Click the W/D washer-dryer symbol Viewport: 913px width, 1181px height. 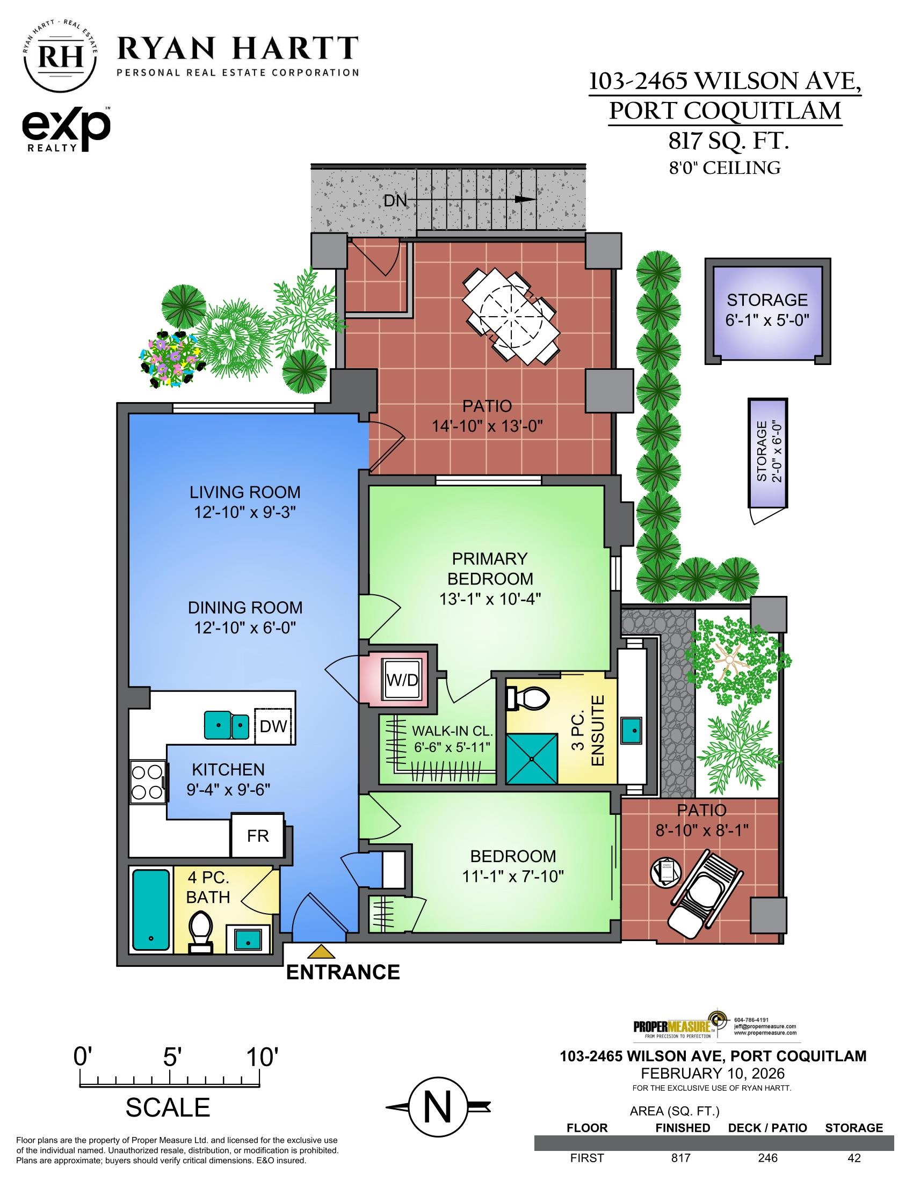(x=402, y=680)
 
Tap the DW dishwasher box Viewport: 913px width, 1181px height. (x=273, y=726)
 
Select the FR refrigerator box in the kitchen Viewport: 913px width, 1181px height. (x=257, y=835)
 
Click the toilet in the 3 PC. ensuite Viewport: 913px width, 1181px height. (x=525, y=698)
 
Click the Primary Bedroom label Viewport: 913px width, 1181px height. (x=490, y=568)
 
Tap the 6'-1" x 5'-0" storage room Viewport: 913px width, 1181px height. (x=766, y=310)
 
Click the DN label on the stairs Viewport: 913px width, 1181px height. (x=395, y=201)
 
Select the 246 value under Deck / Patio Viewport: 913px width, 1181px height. (x=767, y=1158)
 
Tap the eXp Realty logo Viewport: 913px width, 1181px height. (x=66, y=129)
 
